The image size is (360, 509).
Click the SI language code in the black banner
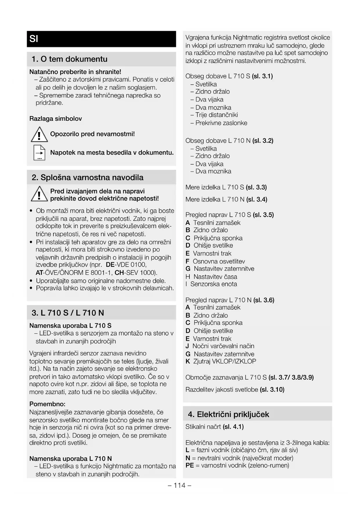(x=34, y=39)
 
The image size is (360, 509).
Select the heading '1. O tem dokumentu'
(x=69, y=59)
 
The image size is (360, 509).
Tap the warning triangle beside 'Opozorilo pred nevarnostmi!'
(x=39, y=135)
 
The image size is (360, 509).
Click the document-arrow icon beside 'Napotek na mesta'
(x=39, y=153)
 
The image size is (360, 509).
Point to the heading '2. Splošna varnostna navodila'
(x=87, y=178)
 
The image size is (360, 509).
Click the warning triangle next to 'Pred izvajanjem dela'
(x=39, y=194)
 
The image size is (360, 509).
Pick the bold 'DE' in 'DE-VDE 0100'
(x=110, y=265)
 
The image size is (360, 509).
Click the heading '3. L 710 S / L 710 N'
(x=68, y=313)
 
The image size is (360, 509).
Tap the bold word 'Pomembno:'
(x=47, y=404)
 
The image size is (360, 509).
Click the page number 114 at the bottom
(x=180, y=485)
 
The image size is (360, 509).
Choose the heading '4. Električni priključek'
(x=228, y=414)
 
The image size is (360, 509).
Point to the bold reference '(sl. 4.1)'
(x=233, y=427)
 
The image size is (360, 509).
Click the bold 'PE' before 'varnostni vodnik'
(x=189, y=465)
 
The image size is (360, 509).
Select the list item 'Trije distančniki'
(x=216, y=115)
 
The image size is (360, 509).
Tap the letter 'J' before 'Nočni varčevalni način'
(x=187, y=346)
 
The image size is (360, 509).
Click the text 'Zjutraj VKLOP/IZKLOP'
(x=225, y=362)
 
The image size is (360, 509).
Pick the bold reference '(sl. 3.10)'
(x=272, y=389)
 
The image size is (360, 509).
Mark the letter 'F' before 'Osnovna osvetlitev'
(x=187, y=261)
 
